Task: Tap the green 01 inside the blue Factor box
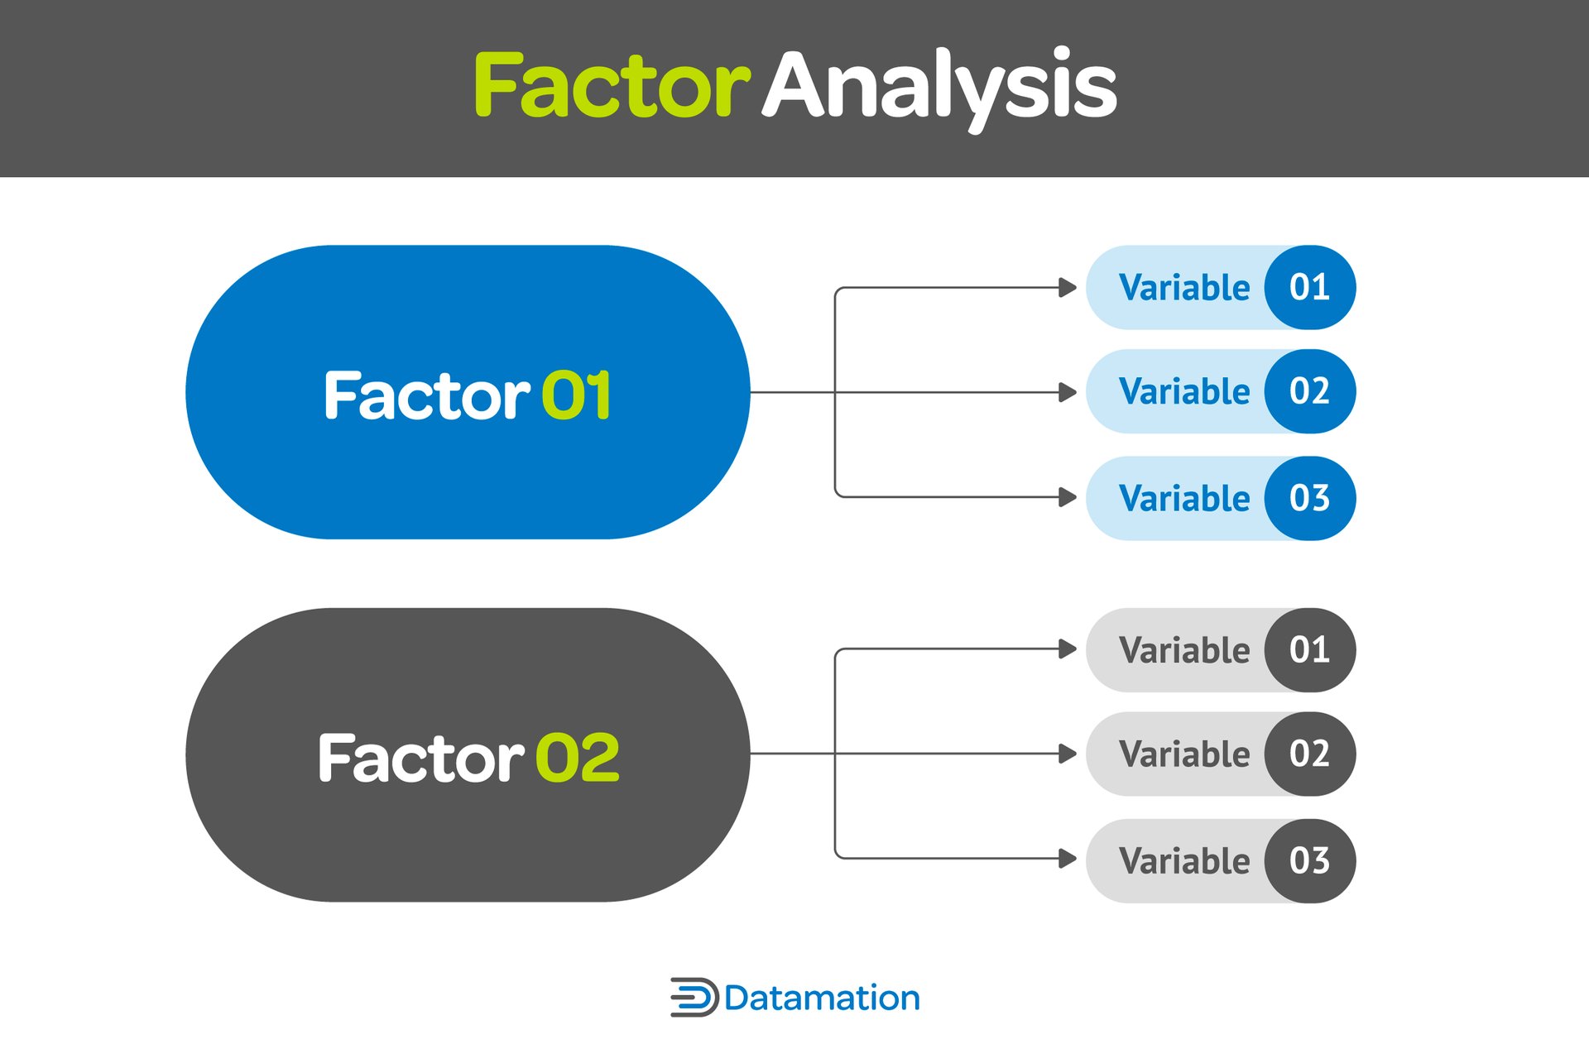(577, 395)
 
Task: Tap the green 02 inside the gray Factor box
(578, 758)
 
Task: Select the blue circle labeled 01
(1309, 287)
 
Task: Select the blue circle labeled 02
(1309, 391)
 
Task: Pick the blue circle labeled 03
(1309, 498)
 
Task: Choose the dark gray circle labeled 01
(1309, 650)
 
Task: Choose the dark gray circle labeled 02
(1309, 754)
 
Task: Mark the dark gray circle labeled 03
(1309, 860)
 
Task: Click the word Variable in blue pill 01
(1183, 288)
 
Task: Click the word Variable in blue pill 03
(1183, 499)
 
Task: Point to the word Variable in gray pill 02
(1183, 754)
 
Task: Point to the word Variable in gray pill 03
(1183, 861)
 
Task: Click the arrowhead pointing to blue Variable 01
(1068, 288)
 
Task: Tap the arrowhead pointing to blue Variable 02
(1068, 392)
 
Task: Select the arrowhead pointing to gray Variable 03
(1068, 859)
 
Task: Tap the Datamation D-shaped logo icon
(694, 997)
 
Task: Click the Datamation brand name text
(822, 998)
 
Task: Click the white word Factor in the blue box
(426, 395)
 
